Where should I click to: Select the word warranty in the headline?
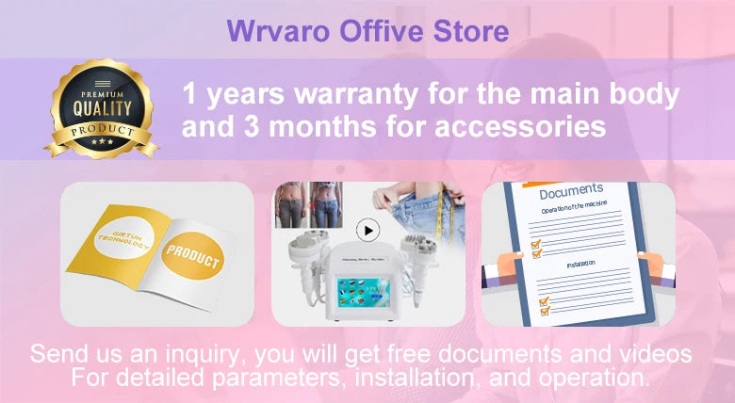click(354, 95)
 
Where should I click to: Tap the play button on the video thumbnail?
click(367, 230)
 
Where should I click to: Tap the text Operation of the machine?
click(575, 210)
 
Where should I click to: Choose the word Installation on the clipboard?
click(581, 265)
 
